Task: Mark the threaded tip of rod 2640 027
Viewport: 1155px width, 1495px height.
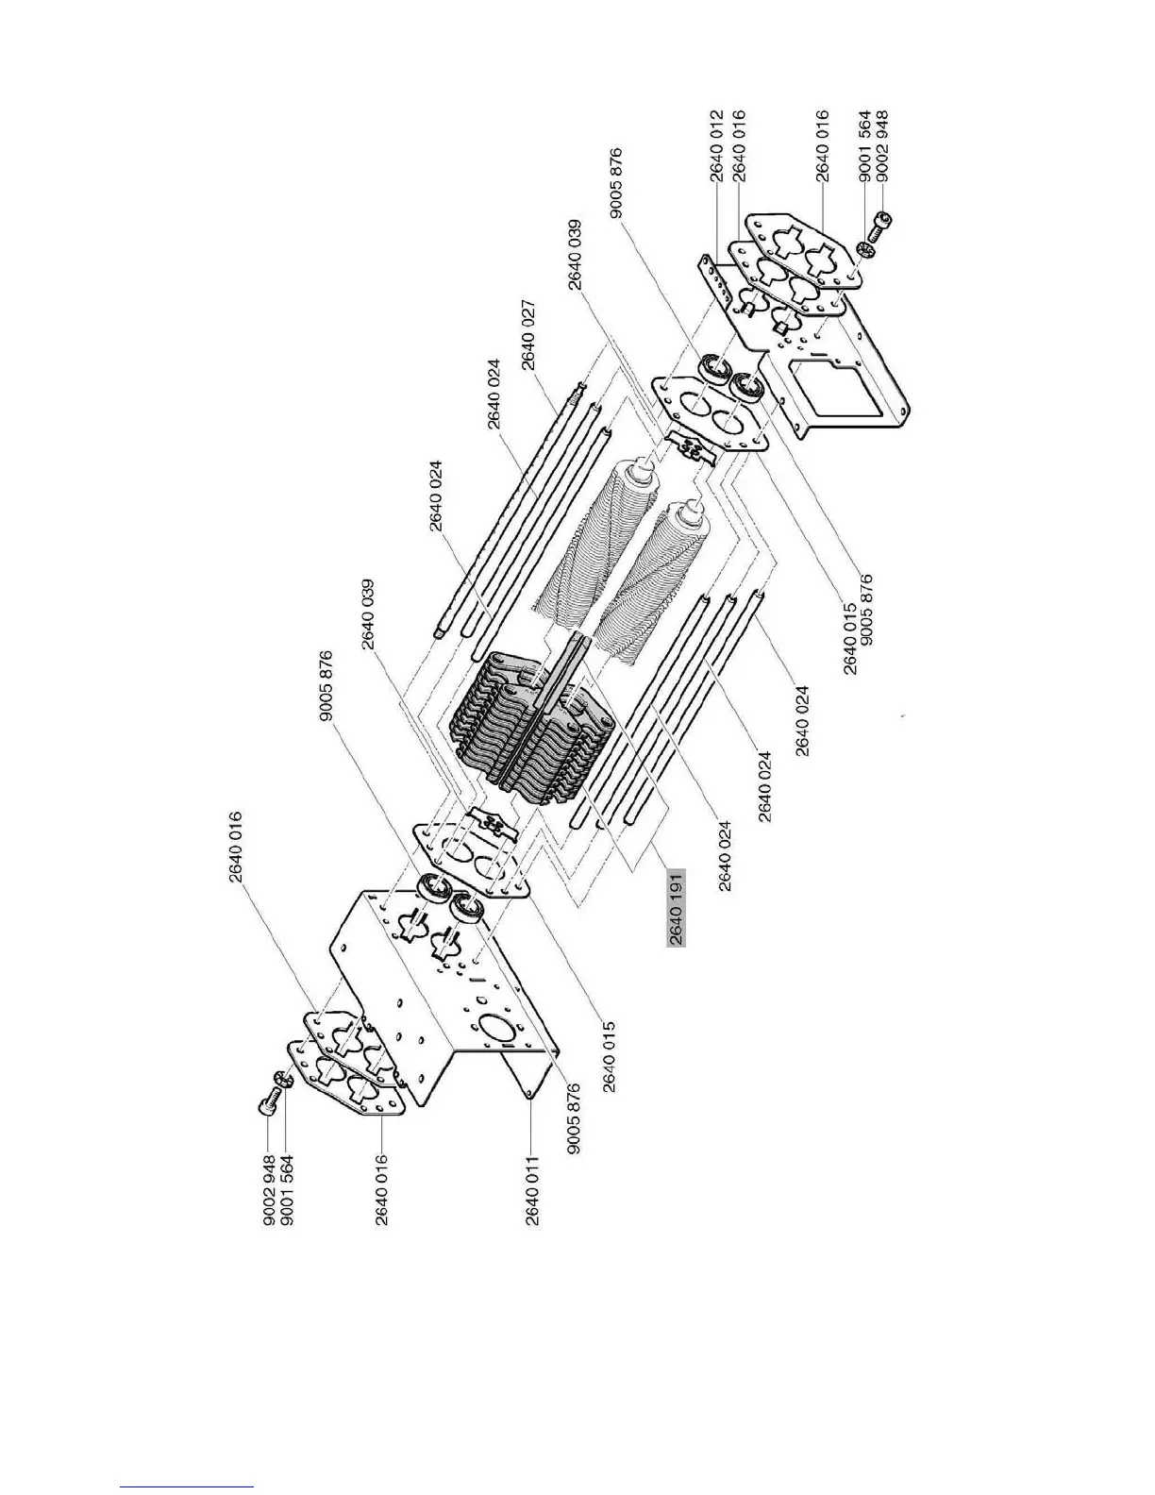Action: point(577,387)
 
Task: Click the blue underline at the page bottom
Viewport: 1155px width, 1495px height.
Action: point(187,1487)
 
